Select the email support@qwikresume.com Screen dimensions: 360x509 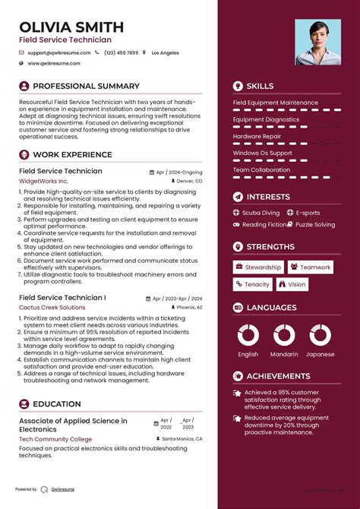(59, 53)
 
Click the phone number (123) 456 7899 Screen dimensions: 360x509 (122, 53)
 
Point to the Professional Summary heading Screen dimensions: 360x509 (86, 86)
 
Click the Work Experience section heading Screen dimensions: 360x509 (72, 155)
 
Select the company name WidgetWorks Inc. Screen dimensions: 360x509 (43, 182)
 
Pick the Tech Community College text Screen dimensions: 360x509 (55, 439)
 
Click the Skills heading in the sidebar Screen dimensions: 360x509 (260, 86)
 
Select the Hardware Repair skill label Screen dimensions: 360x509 (258, 136)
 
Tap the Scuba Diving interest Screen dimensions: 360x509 (261, 213)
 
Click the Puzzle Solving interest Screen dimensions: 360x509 (315, 225)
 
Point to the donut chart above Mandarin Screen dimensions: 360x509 (284, 335)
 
